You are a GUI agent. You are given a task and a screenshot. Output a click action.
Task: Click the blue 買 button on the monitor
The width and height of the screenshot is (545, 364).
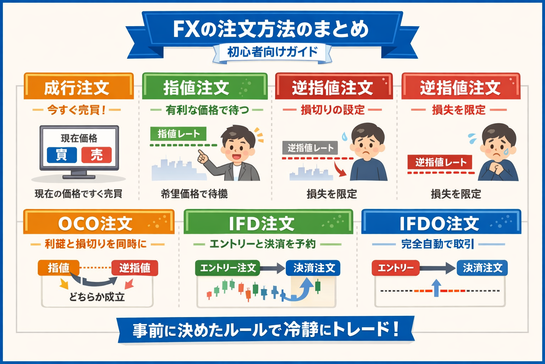pyautogui.click(x=62, y=155)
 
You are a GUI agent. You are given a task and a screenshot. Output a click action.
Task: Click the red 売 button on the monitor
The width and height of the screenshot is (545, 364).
pyautogui.click(x=97, y=155)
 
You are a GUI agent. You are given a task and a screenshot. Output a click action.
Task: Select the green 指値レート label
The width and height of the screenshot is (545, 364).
pyautogui.click(x=178, y=134)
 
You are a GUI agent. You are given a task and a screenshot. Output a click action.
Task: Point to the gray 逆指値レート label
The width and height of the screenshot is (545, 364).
pyautogui.click(x=310, y=148)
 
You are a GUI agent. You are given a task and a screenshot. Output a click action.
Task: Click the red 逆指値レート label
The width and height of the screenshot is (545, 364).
pyautogui.click(x=440, y=162)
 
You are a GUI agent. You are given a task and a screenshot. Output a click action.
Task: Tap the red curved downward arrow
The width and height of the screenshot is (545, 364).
pyautogui.click(x=341, y=170)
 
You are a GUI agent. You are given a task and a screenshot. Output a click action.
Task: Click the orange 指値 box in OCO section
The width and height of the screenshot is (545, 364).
pyautogui.click(x=59, y=268)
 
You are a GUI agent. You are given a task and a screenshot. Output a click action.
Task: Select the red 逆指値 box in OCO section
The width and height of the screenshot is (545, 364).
pyautogui.click(x=135, y=268)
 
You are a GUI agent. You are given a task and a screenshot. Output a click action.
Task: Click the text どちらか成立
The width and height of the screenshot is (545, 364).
pyautogui.click(x=97, y=297)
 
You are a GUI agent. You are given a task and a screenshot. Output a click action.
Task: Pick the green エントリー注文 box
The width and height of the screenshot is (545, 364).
pyautogui.click(x=227, y=268)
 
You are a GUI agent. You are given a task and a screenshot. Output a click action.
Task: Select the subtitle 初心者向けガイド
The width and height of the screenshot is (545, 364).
pyautogui.click(x=272, y=52)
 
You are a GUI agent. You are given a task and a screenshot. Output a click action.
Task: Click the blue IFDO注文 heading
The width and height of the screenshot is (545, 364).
pyautogui.click(x=439, y=224)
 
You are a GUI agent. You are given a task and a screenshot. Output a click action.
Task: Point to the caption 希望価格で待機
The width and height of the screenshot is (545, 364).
pyautogui.click(x=194, y=194)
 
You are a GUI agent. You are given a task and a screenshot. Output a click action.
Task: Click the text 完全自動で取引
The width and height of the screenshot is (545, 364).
pyautogui.click(x=437, y=244)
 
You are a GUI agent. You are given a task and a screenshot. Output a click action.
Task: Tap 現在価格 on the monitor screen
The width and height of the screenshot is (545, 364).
pyautogui.click(x=79, y=138)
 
